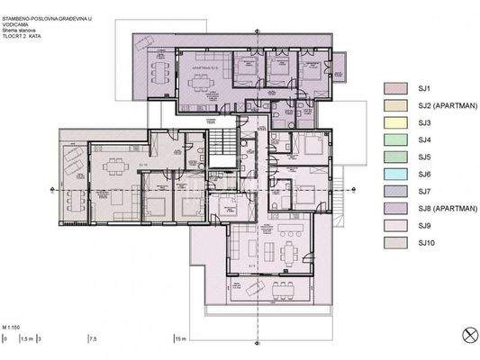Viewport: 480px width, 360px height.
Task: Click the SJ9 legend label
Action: coord(425,225)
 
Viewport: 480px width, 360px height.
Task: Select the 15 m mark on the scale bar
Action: coord(180,339)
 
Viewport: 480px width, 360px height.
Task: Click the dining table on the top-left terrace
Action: coord(158,69)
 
